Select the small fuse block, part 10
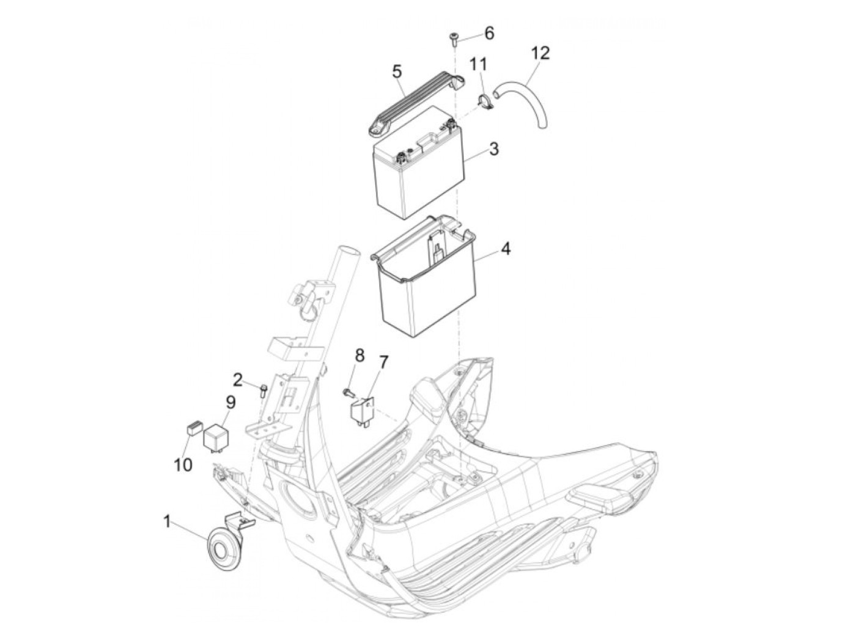click(x=191, y=428)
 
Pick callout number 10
click(x=183, y=465)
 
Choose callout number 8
click(x=359, y=355)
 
